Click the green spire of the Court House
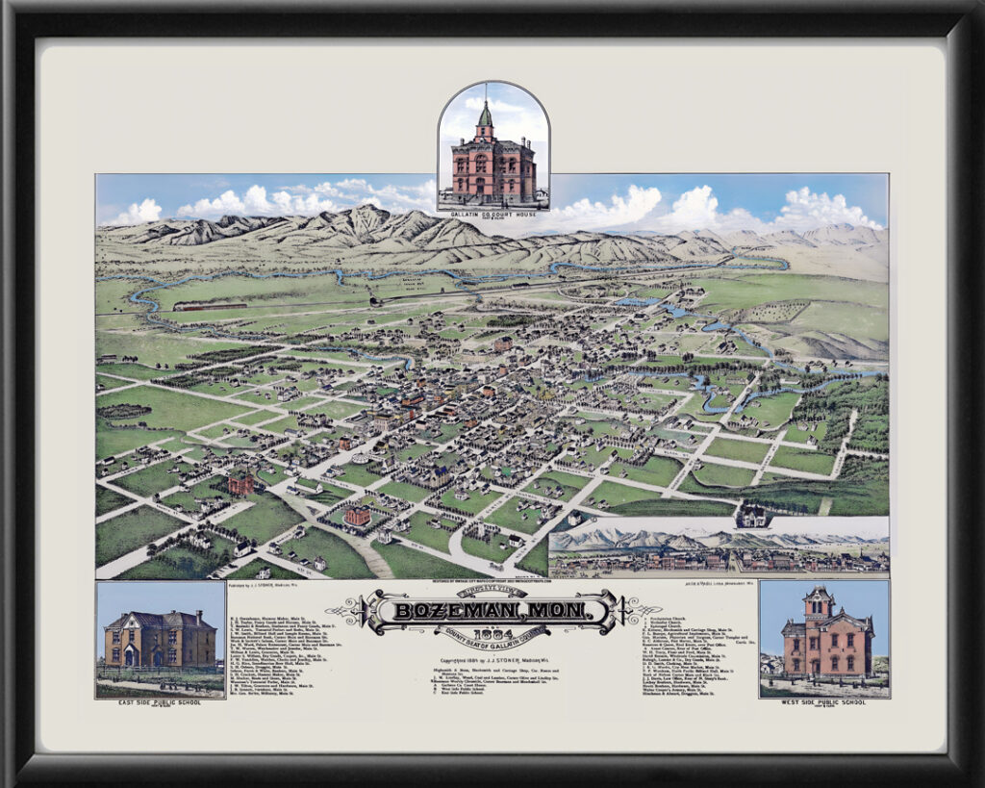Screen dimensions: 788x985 tap(485, 116)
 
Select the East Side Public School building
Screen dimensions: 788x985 tap(161, 639)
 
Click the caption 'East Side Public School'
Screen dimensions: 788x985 tap(160, 702)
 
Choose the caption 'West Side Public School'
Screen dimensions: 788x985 tap(824, 702)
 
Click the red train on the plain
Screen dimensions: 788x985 tap(209, 306)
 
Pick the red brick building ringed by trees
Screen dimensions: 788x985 tap(358, 517)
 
